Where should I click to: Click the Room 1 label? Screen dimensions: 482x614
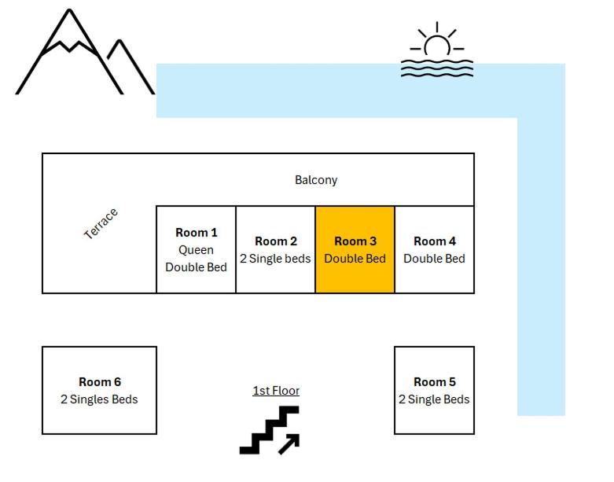[196, 233]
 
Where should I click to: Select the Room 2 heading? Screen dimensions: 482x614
[276, 241]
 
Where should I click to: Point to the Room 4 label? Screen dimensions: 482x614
[434, 241]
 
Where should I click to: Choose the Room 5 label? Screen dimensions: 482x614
[434, 382]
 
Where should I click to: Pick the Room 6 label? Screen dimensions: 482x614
[99, 382]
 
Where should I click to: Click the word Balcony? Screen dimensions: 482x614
[316, 180]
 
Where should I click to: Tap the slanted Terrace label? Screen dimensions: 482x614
[101, 223]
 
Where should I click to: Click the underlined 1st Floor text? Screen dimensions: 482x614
[276, 391]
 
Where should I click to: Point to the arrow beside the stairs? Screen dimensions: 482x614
[289, 444]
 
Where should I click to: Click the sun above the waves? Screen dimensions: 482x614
[437, 43]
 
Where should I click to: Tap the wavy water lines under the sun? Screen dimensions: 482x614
[437, 68]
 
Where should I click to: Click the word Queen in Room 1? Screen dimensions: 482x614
[196, 250]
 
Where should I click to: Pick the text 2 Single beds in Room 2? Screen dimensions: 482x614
[275, 259]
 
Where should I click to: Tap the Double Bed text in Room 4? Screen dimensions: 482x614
[434, 259]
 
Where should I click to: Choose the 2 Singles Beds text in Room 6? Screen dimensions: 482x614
[99, 399]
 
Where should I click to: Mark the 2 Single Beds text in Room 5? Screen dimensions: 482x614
[434, 399]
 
